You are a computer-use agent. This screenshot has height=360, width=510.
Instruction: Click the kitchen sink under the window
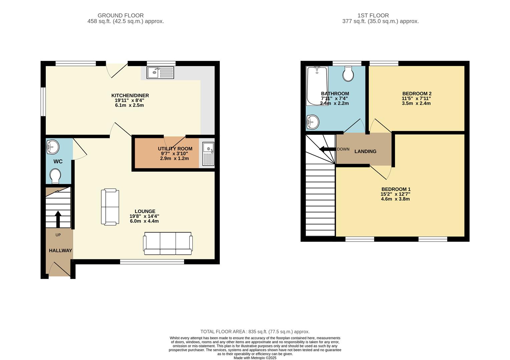tap(160, 73)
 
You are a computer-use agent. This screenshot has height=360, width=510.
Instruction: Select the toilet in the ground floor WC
tap(55, 176)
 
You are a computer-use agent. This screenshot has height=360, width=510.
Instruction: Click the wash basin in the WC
tap(52, 147)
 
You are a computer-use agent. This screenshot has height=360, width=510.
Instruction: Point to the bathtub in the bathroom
tap(317, 86)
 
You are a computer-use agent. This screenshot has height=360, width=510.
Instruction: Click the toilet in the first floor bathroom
tap(348, 73)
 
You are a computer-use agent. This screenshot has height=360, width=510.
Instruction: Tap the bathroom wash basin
tap(313, 122)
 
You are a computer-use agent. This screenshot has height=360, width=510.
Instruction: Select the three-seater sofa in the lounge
tap(168, 243)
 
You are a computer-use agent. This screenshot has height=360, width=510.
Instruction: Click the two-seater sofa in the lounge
tap(110, 207)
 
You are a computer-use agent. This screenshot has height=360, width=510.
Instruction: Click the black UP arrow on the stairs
tap(58, 219)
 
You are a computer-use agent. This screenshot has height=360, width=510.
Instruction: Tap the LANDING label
tap(365, 151)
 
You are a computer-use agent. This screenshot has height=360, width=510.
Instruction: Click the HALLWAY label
tap(60, 250)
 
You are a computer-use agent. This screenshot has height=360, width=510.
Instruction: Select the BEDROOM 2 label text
tap(417, 94)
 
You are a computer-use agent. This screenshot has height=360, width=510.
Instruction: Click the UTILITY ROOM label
tap(175, 149)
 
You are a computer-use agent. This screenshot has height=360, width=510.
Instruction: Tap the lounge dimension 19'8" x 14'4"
tap(144, 216)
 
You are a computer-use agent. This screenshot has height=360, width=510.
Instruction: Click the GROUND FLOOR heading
tap(120, 15)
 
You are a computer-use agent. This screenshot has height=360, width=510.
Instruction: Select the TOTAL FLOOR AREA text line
tap(255, 332)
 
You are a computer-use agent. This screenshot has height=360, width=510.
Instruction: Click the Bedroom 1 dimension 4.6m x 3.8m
tap(395, 199)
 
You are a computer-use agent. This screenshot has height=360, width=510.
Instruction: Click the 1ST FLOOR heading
tap(373, 15)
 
